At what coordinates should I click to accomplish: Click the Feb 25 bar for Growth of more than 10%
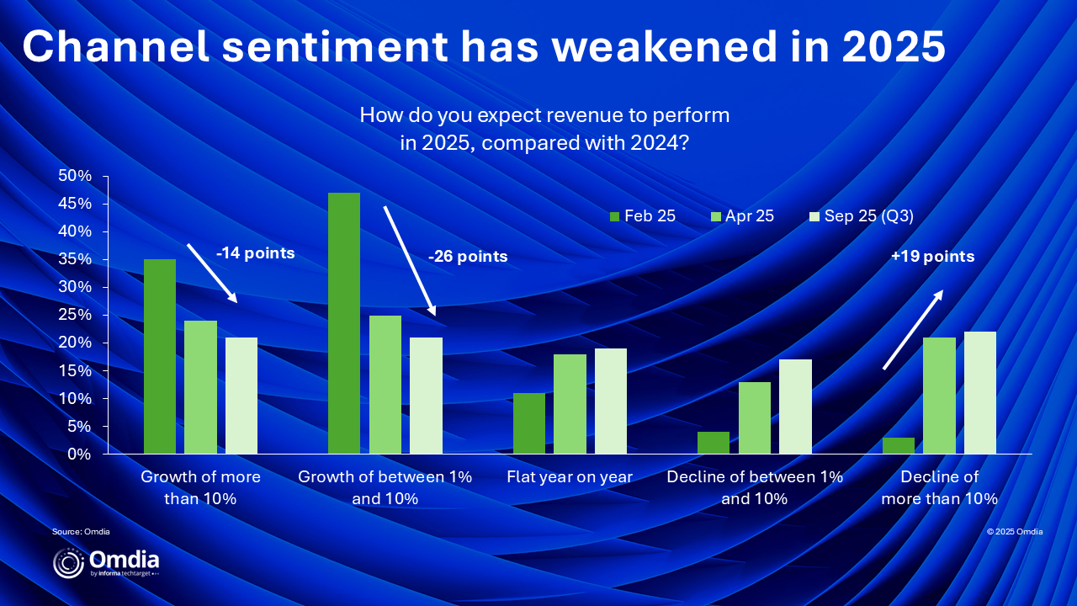tap(160, 356)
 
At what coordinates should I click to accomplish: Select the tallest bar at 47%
tap(344, 323)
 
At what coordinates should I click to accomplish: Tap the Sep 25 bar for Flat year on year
tap(611, 401)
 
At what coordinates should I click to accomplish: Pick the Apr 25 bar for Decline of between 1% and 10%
tap(755, 418)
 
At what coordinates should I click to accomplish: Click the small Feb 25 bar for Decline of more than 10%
tap(899, 445)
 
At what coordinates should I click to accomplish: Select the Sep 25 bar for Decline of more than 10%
tap(980, 392)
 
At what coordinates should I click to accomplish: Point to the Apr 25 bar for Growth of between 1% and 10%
tap(385, 385)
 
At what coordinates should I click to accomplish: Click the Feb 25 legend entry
tap(642, 216)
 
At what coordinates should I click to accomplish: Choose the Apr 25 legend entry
tap(742, 216)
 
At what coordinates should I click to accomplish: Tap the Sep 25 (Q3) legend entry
tap(862, 216)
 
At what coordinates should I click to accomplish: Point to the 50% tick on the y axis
tap(75, 176)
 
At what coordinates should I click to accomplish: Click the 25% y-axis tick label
tap(75, 315)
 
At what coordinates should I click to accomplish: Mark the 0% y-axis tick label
tap(79, 454)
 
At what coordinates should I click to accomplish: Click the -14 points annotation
tap(255, 253)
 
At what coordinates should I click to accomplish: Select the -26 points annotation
tap(468, 257)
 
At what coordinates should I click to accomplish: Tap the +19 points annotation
tap(933, 257)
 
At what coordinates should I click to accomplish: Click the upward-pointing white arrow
tap(913, 330)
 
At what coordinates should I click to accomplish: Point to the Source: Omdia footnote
tap(81, 531)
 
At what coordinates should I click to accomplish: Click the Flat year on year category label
tap(570, 477)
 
